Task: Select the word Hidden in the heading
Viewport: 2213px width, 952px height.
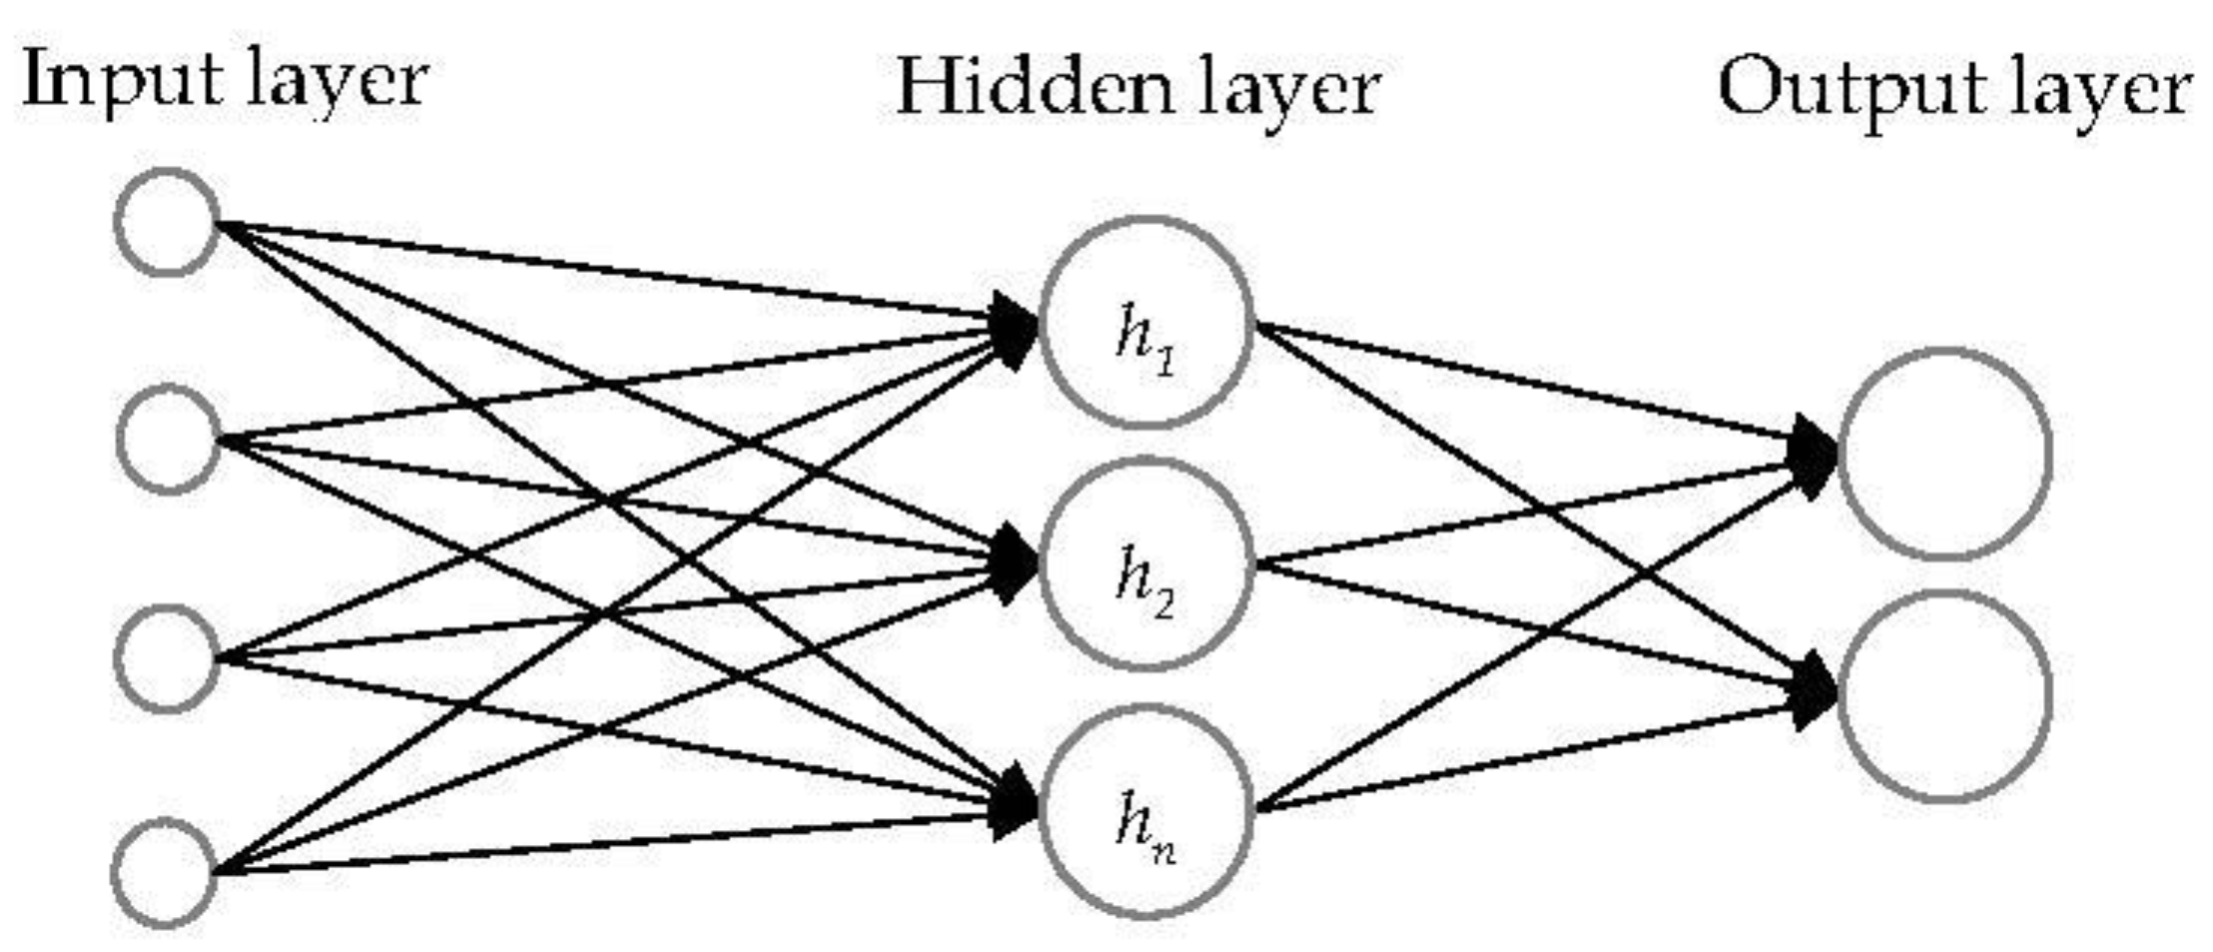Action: [x=1034, y=88]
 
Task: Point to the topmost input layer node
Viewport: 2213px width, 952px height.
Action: [x=167, y=222]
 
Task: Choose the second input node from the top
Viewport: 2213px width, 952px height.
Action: [x=168, y=439]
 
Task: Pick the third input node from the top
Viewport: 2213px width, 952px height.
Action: [x=167, y=658]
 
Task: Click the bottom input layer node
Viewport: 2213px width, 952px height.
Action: [x=164, y=873]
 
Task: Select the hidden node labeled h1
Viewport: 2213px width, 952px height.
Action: [x=1146, y=323]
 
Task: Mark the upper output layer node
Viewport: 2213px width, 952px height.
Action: [x=1944, y=453]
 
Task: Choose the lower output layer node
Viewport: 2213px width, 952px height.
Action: [x=1944, y=695]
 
